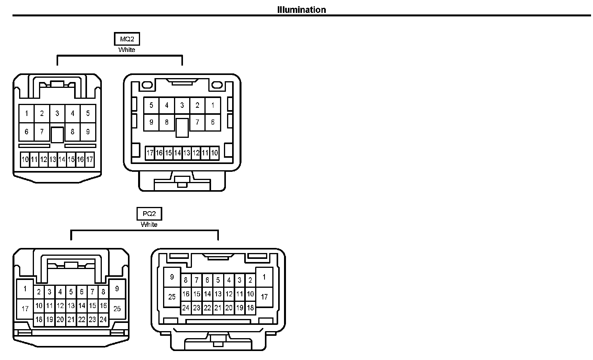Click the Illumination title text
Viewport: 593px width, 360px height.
click(301, 10)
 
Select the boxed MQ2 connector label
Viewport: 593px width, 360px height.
click(127, 39)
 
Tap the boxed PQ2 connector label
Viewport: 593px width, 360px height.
click(149, 214)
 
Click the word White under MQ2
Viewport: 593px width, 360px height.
click(127, 50)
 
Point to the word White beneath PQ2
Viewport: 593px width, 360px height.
click(149, 225)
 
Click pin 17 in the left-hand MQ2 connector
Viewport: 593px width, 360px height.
click(90, 159)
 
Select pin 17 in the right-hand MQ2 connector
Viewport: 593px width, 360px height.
click(150, 153)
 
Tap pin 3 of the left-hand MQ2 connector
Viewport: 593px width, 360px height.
click(57, 114)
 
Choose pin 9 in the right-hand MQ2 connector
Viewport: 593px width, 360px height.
click(151, 122)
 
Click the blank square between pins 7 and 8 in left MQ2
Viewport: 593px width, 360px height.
click(57, 135)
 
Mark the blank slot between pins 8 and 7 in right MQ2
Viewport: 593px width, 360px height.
click(182, 128)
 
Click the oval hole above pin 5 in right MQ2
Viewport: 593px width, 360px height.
click(147, 85)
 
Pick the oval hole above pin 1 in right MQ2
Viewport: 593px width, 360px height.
click(217, 85)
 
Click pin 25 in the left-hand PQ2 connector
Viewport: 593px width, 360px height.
click(117, 309)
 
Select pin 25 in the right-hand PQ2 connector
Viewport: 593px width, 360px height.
click(172, 297)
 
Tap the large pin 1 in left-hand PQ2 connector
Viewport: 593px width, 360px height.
click(25, 289)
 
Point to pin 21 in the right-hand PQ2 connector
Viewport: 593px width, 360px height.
click(218, 308)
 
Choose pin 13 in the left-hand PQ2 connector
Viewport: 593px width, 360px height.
click(71, 306)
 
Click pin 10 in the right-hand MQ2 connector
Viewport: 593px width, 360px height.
click(215, 153)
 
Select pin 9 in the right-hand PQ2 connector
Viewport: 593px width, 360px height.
click(172, 277)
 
